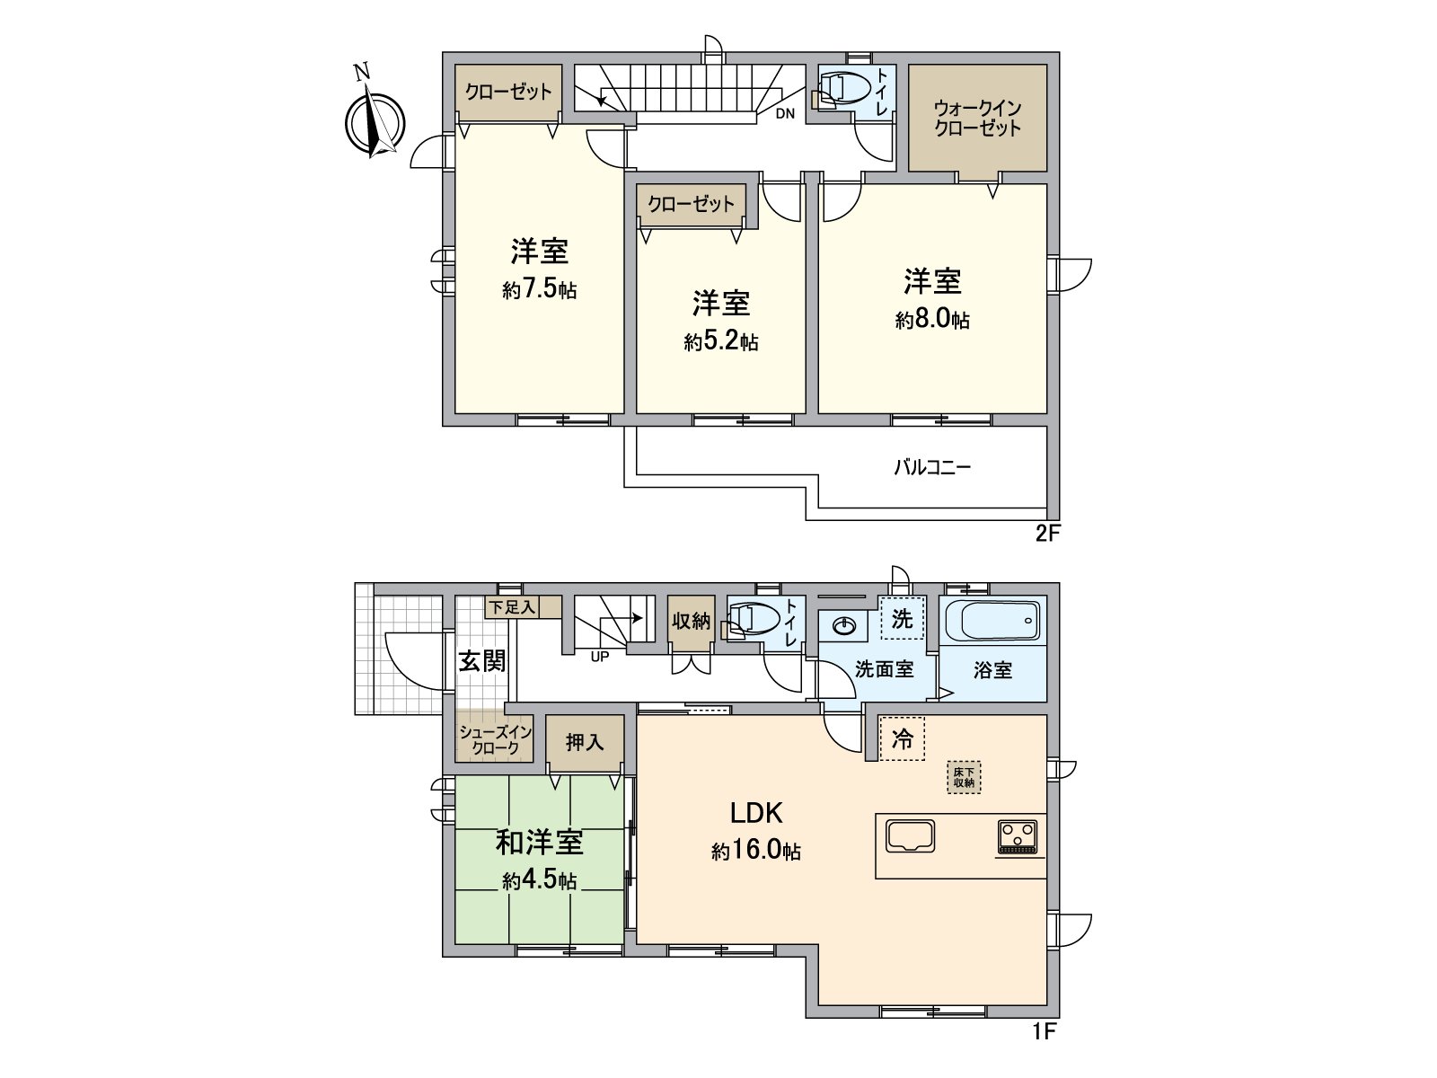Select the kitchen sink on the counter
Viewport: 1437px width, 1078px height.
click(x=911, y=835)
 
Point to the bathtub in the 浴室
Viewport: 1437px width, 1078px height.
click(x=993, y=622)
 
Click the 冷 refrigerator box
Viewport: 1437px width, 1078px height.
click(x=902, y=738)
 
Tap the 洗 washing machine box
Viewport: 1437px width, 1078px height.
click(x=902, y=618)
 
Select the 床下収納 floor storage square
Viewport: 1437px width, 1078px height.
click(x=965, y=777)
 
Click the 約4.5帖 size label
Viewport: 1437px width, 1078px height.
click(x=540, y=880)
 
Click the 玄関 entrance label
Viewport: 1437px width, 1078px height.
click(x=482, y=661)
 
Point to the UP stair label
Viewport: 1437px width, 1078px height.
click(x=599, y=656)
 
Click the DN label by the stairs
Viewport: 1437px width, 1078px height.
click(x=785, y=114)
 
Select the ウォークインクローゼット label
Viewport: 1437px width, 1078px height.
click(x=977, y=118)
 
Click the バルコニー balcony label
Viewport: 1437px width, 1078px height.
click(x=931, y=467)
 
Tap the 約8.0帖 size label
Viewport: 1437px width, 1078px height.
click(x=932, y=320)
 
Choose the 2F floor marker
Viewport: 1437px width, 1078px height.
click(x=1048, y=534)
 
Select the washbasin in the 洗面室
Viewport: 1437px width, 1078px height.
click(x=842, y=625)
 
